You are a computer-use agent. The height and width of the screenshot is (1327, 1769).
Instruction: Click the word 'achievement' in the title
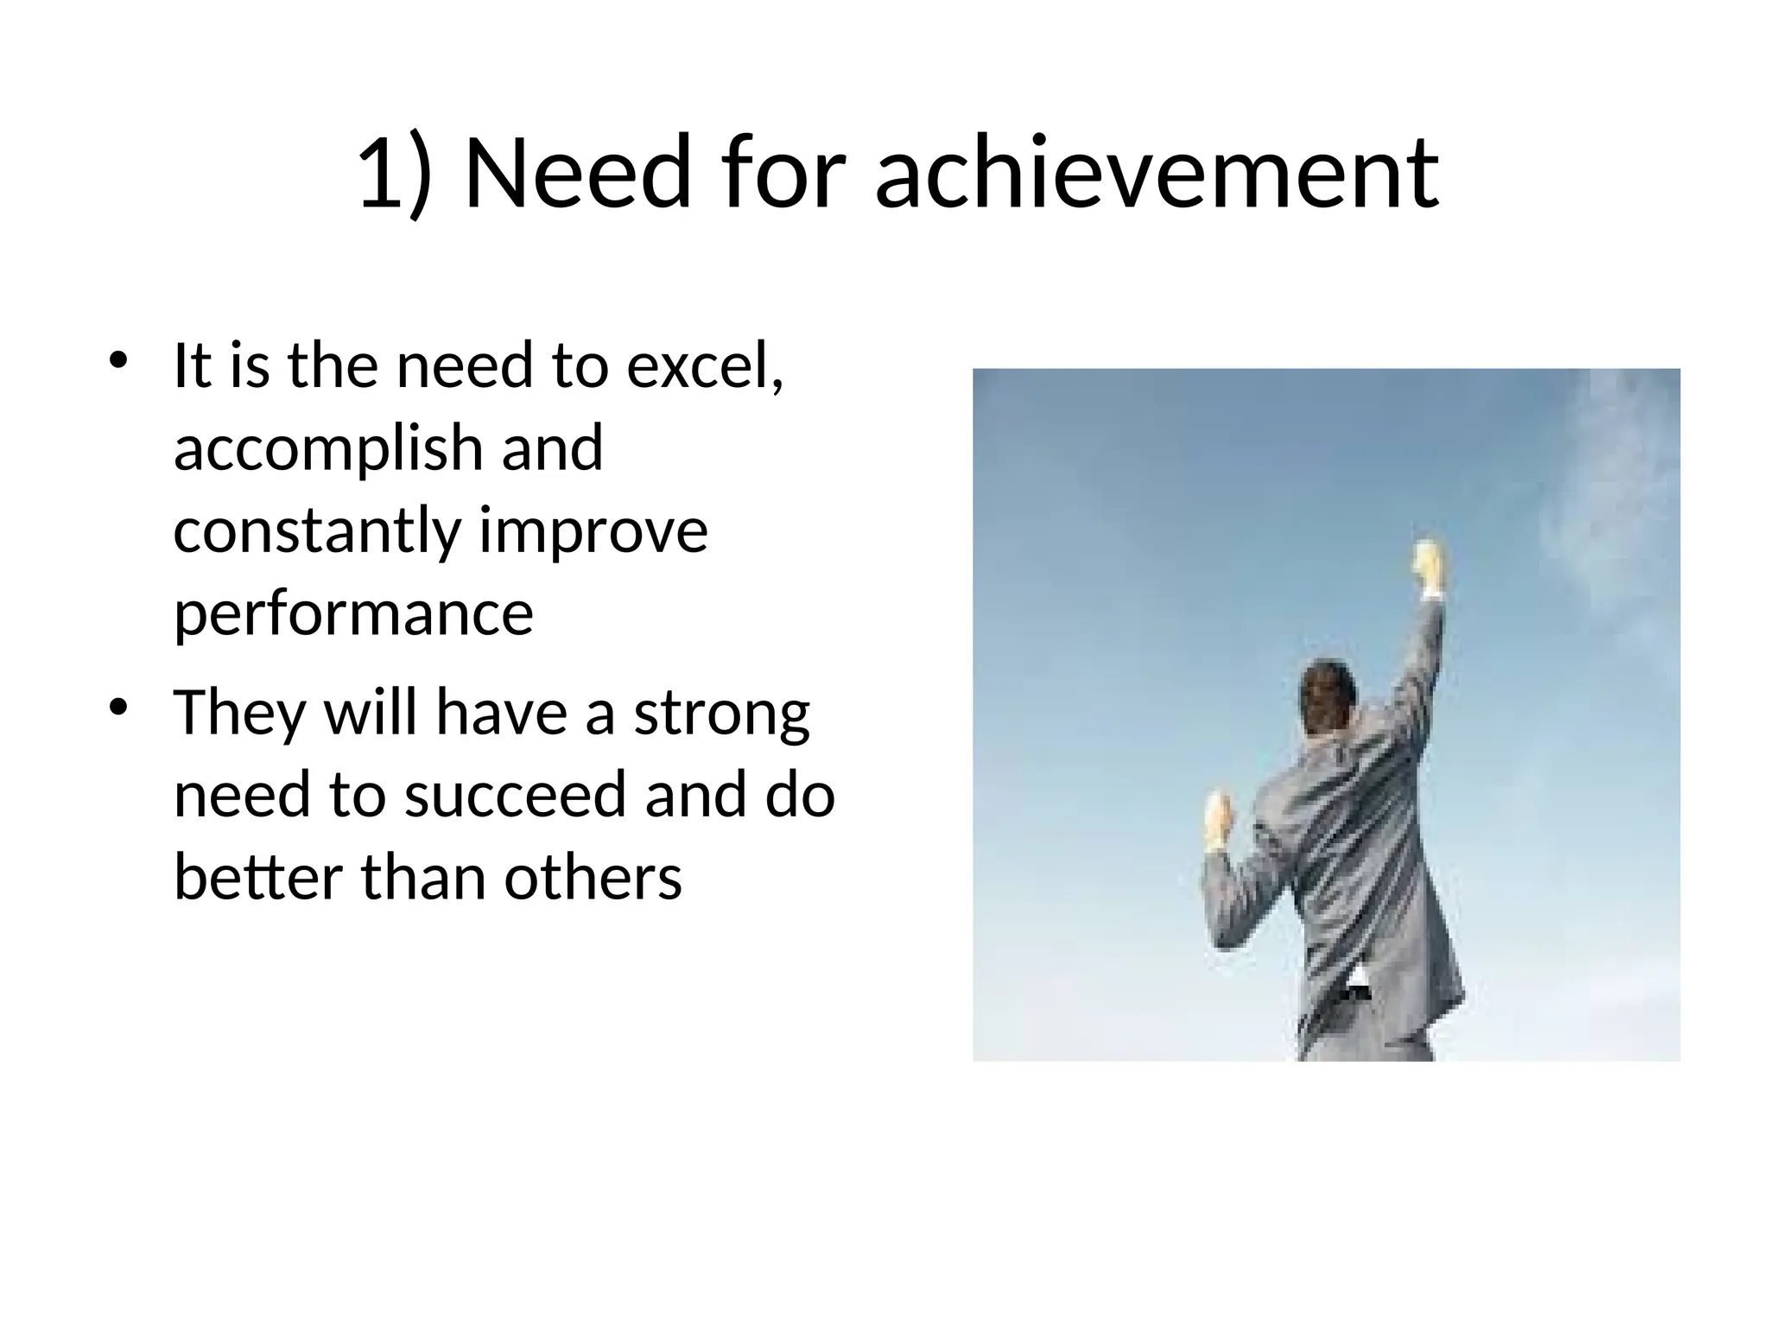tap(1157, 172)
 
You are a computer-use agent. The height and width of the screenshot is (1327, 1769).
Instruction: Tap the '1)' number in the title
tap(394, 172)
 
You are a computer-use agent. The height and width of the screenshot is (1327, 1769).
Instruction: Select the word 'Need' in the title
tap(578, 172)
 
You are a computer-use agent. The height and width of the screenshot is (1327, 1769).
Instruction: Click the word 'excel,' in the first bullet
tap(705, 366)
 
